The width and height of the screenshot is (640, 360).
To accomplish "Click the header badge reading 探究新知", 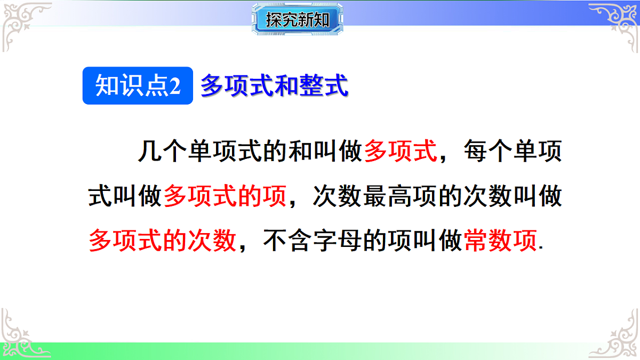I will pos(297,20).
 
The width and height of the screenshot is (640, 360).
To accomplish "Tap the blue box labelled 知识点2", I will pos(138,86).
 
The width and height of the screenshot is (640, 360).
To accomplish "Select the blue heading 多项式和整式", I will pos(274,86).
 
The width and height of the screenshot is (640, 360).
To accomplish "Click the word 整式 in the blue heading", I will pos(324,86).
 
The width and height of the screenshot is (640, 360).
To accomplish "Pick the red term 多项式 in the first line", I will pos(401,151).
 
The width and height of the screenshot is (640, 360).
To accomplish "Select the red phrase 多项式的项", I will pos(225,197).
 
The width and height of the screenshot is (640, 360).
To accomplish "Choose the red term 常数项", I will pos(500,241).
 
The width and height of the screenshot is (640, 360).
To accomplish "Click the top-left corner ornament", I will pos(24,24).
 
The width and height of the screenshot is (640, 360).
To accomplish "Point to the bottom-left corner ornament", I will pos(24,333).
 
